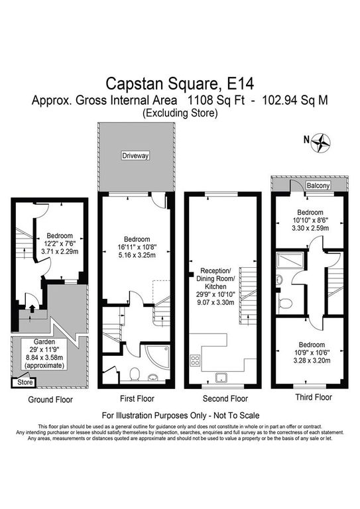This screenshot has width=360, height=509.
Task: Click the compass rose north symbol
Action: tap(321, 142)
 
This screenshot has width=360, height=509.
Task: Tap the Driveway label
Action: tap(135, 156)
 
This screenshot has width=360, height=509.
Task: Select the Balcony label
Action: tap(318, 186)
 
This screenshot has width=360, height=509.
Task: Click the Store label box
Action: tap(25, 382)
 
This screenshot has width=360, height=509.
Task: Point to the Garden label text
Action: tap(44, 342)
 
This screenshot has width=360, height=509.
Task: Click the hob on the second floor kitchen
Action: tap(195, 360)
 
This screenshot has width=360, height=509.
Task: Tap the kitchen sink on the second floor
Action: tap(221, 378)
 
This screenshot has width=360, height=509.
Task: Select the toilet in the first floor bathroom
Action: tap(134, 374)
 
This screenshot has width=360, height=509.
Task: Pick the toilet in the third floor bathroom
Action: tap(284, 303)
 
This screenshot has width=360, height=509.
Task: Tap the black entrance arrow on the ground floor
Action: tap(32, 308)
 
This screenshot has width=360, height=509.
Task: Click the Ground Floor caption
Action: tap(50, 399)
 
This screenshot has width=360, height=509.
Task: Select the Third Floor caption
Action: tap(314, 397)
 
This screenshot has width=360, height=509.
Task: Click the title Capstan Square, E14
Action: tap(180, 84)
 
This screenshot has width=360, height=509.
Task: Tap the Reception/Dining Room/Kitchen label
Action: tap(215, 278)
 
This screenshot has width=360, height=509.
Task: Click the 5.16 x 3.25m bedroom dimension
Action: tap(137, 255)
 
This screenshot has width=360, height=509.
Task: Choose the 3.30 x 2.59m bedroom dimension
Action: tap(310, 228)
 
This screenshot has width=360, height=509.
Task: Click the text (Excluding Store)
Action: tap(180, 113)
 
